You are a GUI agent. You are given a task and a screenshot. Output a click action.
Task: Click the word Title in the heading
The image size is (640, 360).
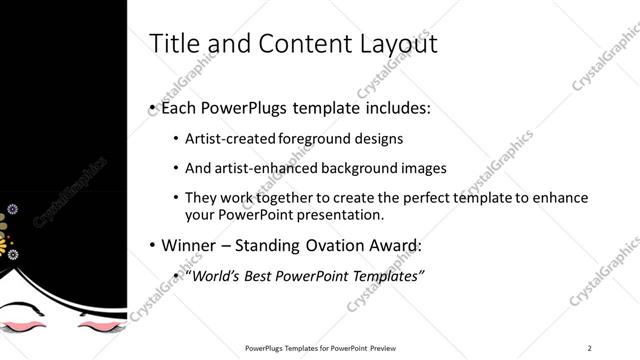coord(172,44)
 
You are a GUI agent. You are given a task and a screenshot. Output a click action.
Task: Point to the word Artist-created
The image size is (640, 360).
coord(226,138)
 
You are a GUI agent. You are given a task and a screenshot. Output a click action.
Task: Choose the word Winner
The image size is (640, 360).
coord(190,245)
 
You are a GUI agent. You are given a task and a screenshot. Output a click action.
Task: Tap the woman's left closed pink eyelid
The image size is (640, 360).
coord(29,324)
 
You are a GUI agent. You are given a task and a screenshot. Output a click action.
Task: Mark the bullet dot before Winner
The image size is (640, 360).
coord(151,245)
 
